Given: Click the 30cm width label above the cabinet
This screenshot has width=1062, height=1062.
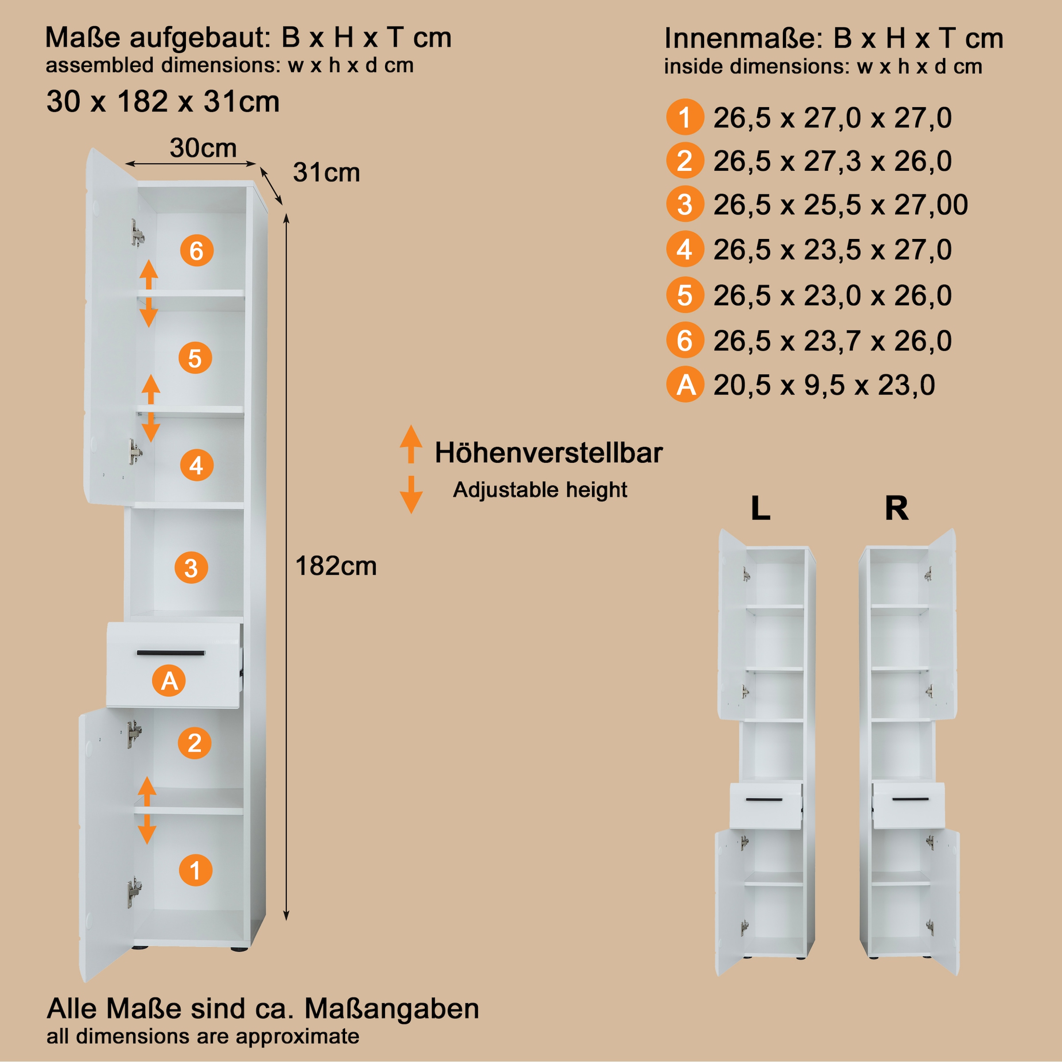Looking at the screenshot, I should pos(203,148).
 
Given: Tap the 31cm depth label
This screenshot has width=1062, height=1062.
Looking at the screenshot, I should pos(327,173).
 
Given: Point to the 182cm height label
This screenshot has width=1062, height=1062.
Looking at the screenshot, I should pos(336,566).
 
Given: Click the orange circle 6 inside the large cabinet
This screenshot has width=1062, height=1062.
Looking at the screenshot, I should pos(197,250).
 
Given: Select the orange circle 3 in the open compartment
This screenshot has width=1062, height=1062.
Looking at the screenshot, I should pos(191,568).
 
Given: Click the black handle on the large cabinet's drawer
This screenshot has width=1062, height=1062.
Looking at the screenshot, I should pos(171,653).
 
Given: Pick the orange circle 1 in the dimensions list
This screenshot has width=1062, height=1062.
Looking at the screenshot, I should pos(685,117).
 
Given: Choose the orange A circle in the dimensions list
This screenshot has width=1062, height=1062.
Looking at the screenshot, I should pos(685,384).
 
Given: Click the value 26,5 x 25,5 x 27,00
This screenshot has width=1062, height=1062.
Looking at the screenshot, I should pos(840,205).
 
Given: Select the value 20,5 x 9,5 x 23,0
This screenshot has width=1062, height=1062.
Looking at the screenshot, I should pos(824,385).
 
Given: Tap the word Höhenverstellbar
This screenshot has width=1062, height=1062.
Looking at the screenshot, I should pos(549,453).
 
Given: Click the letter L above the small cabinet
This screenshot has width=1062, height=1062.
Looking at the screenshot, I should pos(760,508).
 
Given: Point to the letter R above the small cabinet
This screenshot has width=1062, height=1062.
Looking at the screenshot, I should pos(897,508).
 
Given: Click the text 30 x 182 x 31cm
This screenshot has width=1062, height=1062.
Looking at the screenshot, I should pos(163,102).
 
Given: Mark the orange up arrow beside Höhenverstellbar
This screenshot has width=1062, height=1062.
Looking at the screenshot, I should pos(411,443).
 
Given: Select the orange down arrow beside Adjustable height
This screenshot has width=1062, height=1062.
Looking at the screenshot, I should pos(411,494).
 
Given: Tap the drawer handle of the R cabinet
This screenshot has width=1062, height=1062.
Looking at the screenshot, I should pos(910,799).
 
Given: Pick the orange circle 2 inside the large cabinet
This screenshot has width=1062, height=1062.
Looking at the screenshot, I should pos(195,743).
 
